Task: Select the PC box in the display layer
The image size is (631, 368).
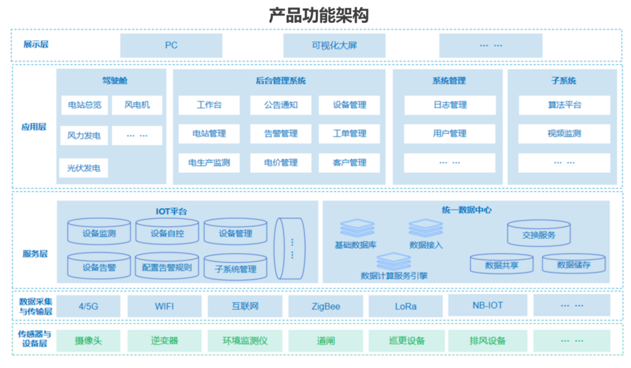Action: (171, 46)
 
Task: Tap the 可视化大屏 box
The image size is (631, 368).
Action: (334, 46)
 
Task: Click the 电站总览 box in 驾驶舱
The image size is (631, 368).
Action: (84, 105)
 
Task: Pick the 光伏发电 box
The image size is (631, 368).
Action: (84, 168)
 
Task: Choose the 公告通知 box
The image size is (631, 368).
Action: (281, 105)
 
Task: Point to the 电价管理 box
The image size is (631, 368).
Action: (281, 163)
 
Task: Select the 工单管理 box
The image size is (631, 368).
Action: (349, 134)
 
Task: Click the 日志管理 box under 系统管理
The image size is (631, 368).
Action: (449, 105)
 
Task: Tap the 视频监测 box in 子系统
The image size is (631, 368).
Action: (564, 134)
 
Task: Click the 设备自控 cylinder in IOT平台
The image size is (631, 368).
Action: (167, 233)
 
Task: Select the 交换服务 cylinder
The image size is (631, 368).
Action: (539, 234)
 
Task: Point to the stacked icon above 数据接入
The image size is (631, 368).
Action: (426, 228)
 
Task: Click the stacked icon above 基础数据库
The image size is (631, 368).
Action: (357, 228)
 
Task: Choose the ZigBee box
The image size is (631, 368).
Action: (325, 307)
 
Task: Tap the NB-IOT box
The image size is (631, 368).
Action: (487, 305)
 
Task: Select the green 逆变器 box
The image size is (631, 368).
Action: (164, 341)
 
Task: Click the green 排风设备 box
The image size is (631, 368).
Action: (487, 341)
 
